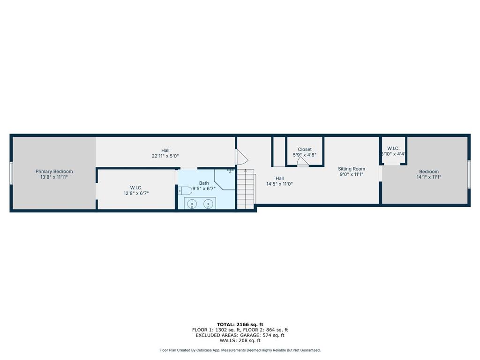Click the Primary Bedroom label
tap(54, 172)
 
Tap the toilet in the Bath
tap(185, 191)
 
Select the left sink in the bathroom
tap(192, 203)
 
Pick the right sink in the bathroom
tap(209, 203)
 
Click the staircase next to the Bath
tap(246, 189)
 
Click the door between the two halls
tap(241, 157)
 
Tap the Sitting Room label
tap(352, 169)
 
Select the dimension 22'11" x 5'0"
tap(165, 156)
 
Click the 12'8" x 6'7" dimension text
tap(136, 193)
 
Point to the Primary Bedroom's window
tap(11, 173)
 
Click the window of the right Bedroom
tap(469, 174)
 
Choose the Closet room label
tap(305, 150)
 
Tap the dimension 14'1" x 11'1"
tap(428, 177)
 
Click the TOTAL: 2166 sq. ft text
tap(240, 324)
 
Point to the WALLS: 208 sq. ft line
tap(240, 340)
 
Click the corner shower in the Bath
tap(225, 180)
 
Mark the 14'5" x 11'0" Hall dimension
tap(279, 184)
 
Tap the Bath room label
tap(204, 183)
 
